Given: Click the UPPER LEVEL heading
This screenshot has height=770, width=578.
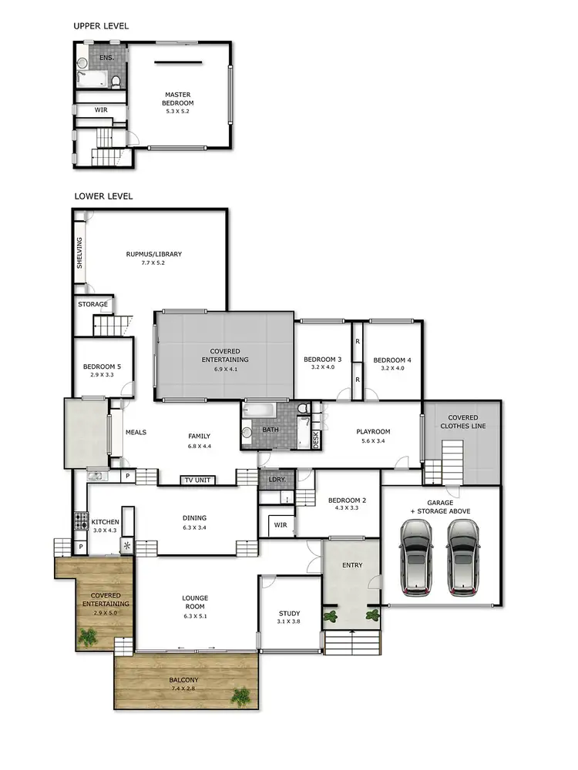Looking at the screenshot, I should [101, 26].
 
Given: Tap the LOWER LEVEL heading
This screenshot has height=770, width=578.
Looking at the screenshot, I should [103, 196].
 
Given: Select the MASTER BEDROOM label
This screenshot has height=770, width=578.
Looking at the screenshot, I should [177, 99].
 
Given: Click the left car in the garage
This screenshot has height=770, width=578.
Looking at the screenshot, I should [417, 558].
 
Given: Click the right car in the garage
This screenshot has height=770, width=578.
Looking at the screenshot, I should [463, 558].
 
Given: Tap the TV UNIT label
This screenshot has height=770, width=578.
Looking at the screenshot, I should [197, 480].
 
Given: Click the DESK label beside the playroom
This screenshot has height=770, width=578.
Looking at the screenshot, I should [316, 440].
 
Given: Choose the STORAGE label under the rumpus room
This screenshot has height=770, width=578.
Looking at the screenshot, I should [93, 304].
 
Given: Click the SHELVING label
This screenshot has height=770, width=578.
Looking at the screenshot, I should [79, 253].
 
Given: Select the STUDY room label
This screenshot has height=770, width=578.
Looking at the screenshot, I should [289, 614].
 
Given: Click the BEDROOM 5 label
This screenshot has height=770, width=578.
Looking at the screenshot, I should [102, 367].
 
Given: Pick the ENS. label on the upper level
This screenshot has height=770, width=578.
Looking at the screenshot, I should [106, 58].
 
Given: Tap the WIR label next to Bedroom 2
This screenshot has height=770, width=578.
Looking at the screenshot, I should [279, 526].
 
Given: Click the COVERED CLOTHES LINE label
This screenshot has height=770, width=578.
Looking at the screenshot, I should [459, 422].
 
